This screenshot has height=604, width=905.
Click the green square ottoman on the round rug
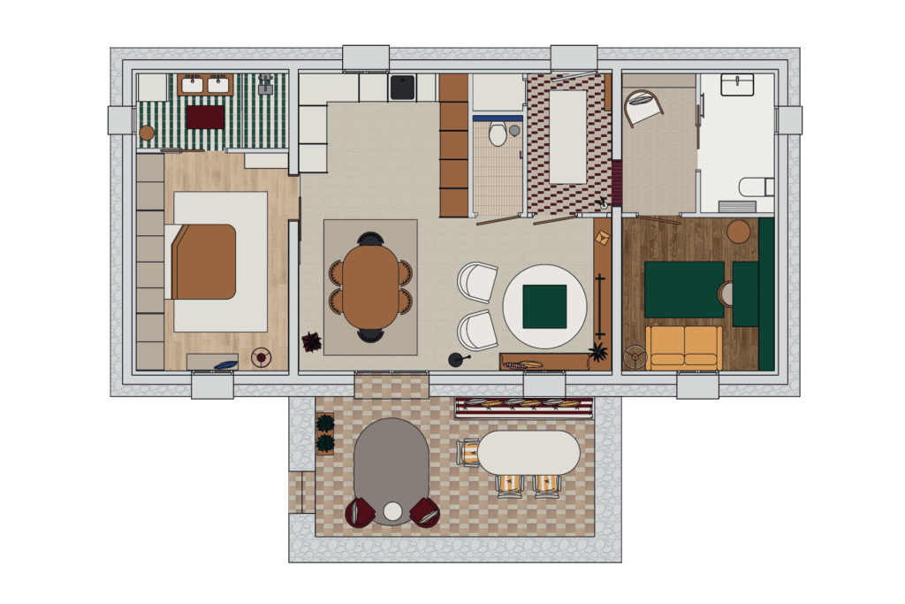click(544, 306)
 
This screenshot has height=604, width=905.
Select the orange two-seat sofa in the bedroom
click(683, 348)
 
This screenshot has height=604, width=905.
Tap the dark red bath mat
click(205, 118)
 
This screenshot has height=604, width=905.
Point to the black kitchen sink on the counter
click(403, 88)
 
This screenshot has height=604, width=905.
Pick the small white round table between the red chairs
click(392, 511)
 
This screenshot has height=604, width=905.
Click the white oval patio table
click(529, 452)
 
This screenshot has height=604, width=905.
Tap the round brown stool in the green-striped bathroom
click(147, 134)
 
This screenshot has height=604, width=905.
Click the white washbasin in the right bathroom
click(736, 85)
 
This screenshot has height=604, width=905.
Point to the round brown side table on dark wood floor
click(738, 232)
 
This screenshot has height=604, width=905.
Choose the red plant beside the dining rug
click(311, 341)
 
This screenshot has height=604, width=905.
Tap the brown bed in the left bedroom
click(205, 262)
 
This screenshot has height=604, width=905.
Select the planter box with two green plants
click(325, 432)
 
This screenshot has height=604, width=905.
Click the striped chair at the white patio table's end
click(468, 452)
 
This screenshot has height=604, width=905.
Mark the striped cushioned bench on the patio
click(524, 407)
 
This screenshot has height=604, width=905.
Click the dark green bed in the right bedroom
click(684, 288)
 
